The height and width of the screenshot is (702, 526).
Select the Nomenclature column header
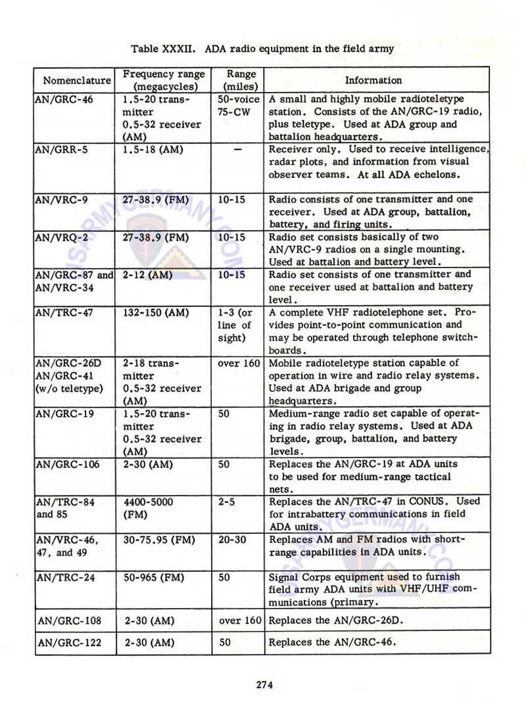point(76,81)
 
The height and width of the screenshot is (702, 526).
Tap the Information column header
point(373,80)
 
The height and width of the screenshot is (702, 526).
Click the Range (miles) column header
point(241,80)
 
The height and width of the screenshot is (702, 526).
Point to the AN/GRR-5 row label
point(61,149)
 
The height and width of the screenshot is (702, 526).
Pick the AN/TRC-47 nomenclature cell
point(64,313)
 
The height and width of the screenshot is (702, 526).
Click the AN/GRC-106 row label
point(67,464)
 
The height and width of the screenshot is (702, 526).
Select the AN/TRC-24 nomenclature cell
point(64,578)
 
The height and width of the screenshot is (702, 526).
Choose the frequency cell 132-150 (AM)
point(156,313)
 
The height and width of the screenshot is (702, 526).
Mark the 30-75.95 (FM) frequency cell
point(158,540)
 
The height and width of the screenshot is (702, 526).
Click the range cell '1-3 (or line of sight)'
point(235,325)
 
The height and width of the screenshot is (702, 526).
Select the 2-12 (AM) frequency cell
point(147,275)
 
